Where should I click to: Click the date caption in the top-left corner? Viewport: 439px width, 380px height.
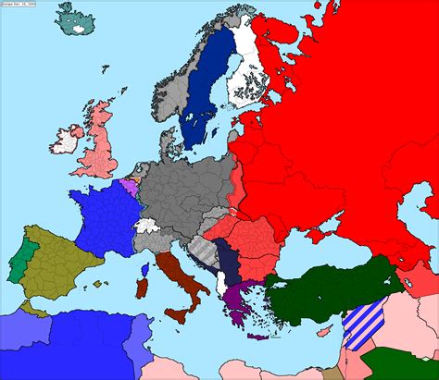click(x=19, y=5)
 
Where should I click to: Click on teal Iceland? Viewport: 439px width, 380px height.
click(x=73, y=19)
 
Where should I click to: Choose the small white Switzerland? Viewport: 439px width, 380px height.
click(x=145, y=225)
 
